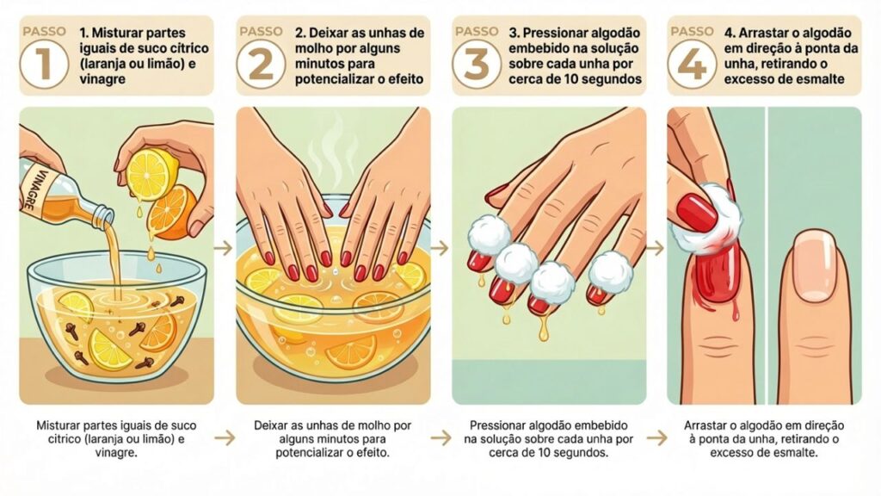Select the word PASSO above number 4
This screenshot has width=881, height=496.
691,31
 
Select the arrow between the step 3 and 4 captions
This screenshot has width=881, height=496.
656,437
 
